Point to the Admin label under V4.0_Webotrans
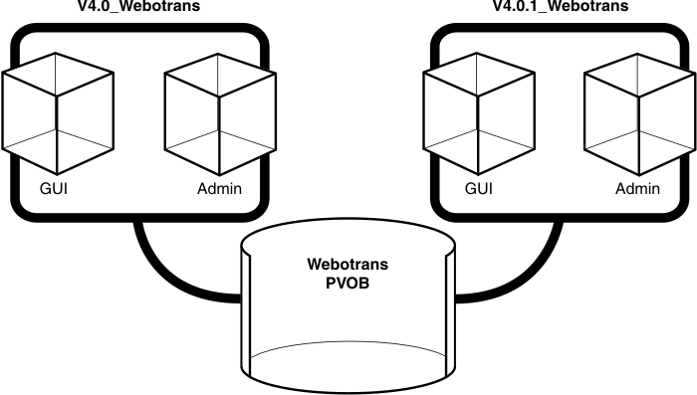(x=218, y=189)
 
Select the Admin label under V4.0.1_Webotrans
(x=638, y=189)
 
